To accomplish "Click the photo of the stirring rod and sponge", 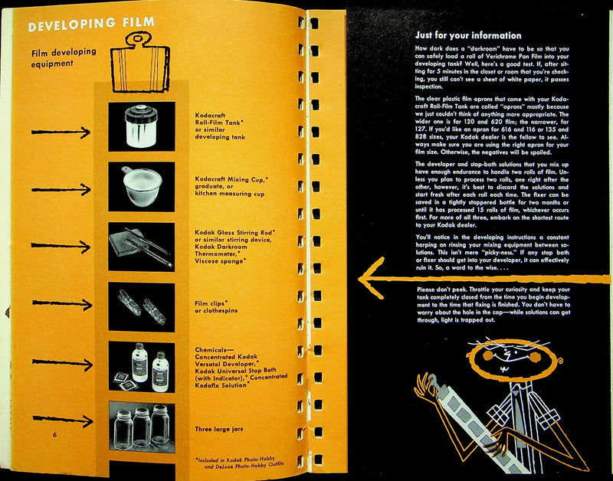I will (141, 246).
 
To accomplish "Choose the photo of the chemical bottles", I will (141, 366).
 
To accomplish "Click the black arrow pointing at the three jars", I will (63, 421).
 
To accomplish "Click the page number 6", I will (55, 436).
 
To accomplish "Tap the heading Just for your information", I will (467, 35).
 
